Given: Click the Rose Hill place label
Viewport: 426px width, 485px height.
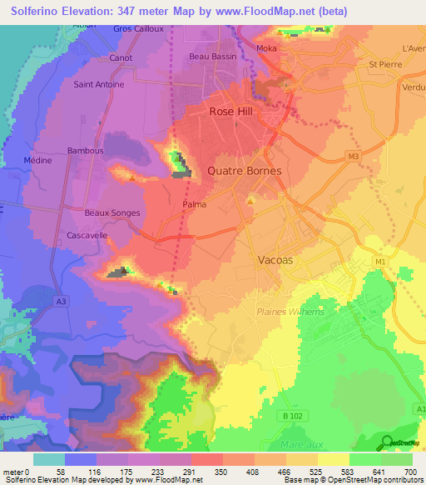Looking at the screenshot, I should coord(232,111).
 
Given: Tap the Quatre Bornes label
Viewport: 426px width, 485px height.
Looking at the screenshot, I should coord(244,171).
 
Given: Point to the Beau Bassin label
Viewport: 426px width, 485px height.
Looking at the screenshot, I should coord(213,57).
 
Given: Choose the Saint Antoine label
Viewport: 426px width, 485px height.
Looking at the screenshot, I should coord(99,84).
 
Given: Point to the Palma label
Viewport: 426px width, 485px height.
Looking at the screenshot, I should coord(194,202).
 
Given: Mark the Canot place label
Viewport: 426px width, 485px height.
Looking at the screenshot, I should coord(121,58).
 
